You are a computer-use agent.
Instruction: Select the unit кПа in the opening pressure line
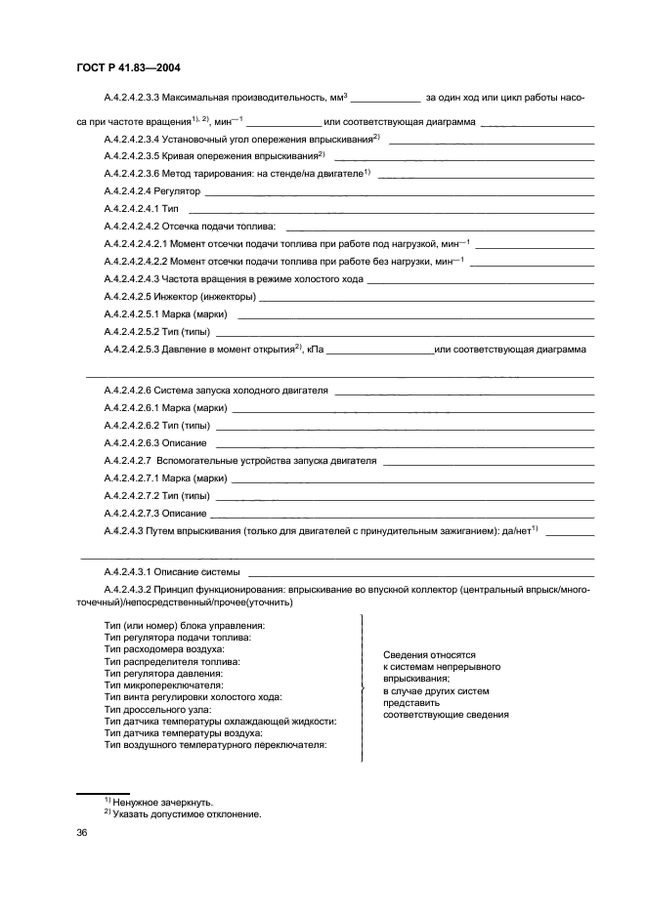pos(315,349)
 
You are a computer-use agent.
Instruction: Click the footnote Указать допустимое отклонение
pos(187,812)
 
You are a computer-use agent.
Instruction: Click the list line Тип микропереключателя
pos(165,685)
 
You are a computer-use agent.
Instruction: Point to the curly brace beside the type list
pos(364,688)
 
